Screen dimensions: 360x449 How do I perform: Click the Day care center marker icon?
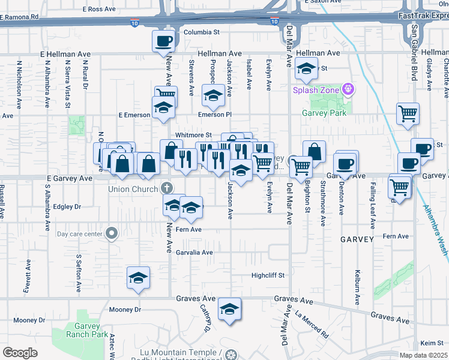[111, 234]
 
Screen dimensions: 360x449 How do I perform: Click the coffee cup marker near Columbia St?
[164, 41]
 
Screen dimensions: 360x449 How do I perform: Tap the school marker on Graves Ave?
[229, 309]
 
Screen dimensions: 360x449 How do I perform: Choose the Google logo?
[20, 353]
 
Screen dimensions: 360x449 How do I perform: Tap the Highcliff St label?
[267, 275]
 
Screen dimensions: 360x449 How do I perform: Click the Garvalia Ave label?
[194, 253]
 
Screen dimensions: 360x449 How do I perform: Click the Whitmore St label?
[193, 136]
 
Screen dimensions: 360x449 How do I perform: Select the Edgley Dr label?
[67, 206]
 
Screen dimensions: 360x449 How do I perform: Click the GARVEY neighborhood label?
[357, 239]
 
